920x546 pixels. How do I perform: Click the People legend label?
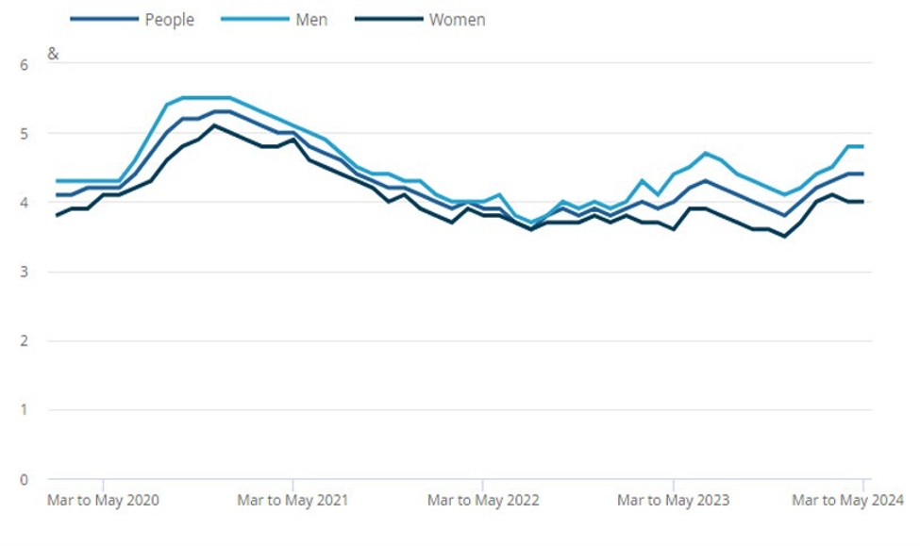169,19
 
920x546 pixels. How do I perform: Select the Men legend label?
311,19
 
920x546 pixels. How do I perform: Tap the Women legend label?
457,19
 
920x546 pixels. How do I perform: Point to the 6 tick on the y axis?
25,64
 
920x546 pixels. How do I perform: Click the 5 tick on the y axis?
25,133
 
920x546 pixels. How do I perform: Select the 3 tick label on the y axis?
25,272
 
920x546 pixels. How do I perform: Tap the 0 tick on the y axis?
25,479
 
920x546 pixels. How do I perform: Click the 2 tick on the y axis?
25,340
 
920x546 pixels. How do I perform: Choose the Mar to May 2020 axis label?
103,500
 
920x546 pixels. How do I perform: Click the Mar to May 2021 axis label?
293,500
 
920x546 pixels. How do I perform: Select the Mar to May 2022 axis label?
483,500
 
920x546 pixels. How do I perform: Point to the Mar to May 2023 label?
673,500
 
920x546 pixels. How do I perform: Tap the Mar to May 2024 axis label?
847,500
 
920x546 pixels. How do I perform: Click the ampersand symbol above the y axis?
53,55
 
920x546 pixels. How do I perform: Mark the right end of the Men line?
862,146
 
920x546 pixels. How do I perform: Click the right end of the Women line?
862,201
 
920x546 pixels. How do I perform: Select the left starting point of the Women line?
56,215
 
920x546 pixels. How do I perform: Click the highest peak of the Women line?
214,125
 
